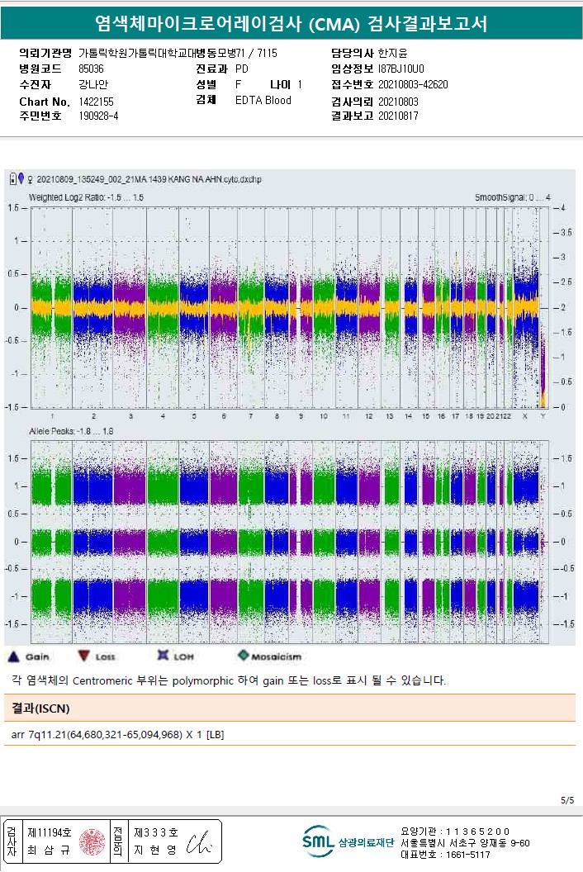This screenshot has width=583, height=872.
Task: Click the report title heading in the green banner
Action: coord(291,24)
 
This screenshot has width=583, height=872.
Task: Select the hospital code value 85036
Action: coord(91,69)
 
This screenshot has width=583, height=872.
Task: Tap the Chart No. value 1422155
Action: coord(97,101)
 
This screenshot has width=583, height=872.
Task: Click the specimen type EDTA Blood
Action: coord(263,100)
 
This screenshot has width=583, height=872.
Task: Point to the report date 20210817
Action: coord(398,116)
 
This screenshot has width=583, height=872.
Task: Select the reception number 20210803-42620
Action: coord(413,84)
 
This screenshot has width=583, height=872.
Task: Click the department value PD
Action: coord(242,69)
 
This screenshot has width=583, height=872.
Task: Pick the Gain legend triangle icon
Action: coord(13,656)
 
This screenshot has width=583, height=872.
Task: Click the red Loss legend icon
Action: coord(83,656)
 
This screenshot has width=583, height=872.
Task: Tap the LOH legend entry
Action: coord(163,656)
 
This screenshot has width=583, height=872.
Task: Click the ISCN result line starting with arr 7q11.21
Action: coord(118,734)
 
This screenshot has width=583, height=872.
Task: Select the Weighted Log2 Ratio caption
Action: coord(86,198)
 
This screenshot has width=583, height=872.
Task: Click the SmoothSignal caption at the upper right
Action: coord(512,198)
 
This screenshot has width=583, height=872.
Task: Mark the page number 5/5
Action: coord(566,800)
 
